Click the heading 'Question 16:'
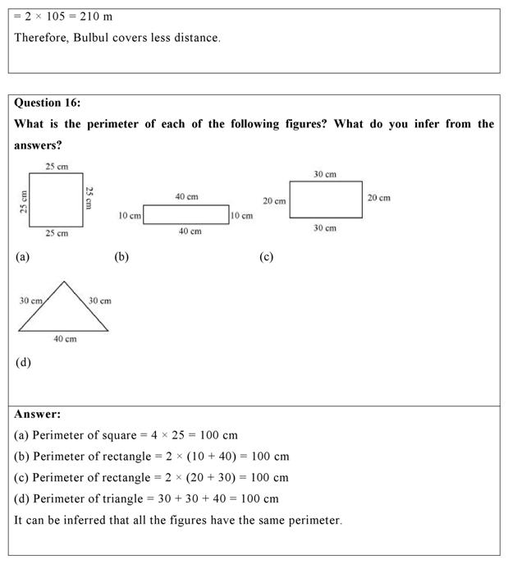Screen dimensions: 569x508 pos(48,103)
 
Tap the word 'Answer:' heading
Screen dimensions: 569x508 pos(37,415)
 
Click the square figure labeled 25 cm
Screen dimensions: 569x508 pos(56,200)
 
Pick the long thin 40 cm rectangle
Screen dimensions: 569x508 pos(186,214)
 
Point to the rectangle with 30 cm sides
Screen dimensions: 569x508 pos(325,200)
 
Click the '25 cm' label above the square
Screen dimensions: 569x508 pos(57,167)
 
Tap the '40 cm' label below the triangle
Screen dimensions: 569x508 pos(65,338)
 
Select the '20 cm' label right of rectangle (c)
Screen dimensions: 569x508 pos(378,198)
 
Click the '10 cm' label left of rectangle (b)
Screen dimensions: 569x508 pos(129,216)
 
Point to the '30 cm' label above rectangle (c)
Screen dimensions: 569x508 pos(325,174)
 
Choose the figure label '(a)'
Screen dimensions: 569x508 pos(22,257)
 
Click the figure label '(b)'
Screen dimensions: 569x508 pos(121,257)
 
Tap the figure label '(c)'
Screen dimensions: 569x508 pos(266,257)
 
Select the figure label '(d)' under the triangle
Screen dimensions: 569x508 pos(23,362)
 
